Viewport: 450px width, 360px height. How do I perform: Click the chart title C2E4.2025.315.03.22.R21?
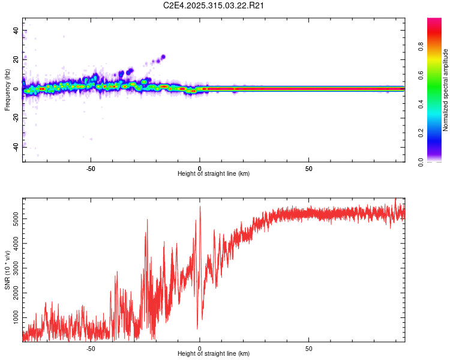tap(214, 5)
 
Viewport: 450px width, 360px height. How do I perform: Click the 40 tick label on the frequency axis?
tap(16, 31)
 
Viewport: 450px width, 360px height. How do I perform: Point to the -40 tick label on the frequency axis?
tap(16, 146)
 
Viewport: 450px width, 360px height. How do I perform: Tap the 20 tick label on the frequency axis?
tap(16, 59)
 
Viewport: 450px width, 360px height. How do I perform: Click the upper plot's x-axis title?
tap(214, 173)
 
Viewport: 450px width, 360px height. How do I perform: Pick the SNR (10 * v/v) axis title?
tap(7, 270)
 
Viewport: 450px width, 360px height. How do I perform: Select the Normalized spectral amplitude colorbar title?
tap(446, 90)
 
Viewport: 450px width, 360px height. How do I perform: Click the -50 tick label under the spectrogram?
tap(91, 169)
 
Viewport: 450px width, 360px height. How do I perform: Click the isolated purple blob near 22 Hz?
tap(163, 57)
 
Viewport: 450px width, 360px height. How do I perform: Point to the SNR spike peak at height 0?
tap(200, 206)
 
